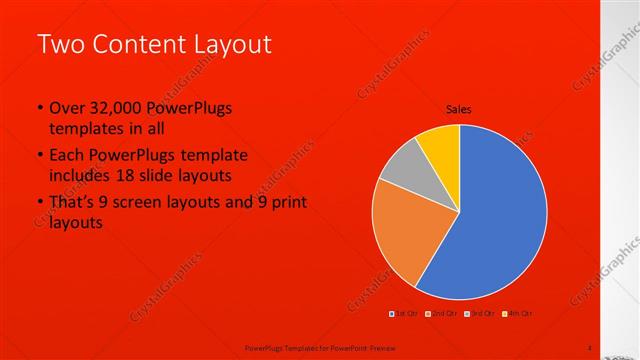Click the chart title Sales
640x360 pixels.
coord(458,110)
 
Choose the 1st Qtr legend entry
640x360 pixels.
coord(404,315)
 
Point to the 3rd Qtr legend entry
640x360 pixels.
coord(478,315)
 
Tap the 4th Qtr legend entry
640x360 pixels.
coord(516,315)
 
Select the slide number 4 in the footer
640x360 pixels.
coord(589,347)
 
